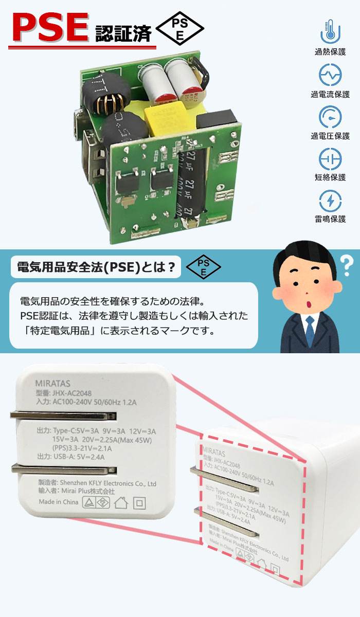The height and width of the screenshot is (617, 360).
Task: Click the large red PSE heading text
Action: tap(50, 29)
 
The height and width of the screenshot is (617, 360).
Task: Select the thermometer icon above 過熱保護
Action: tap(330, 32)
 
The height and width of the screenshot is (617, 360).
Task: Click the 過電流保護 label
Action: tap(330, 94)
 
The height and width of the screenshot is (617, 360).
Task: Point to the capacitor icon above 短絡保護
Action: tap(330, 159)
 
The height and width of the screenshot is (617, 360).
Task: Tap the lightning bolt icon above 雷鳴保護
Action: tap(330, 201)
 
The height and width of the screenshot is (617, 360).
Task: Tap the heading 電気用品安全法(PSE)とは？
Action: tap(96, 267)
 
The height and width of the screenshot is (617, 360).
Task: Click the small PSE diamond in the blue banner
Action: tap(203, 267)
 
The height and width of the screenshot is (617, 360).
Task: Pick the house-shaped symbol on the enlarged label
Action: tap(121, 502)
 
